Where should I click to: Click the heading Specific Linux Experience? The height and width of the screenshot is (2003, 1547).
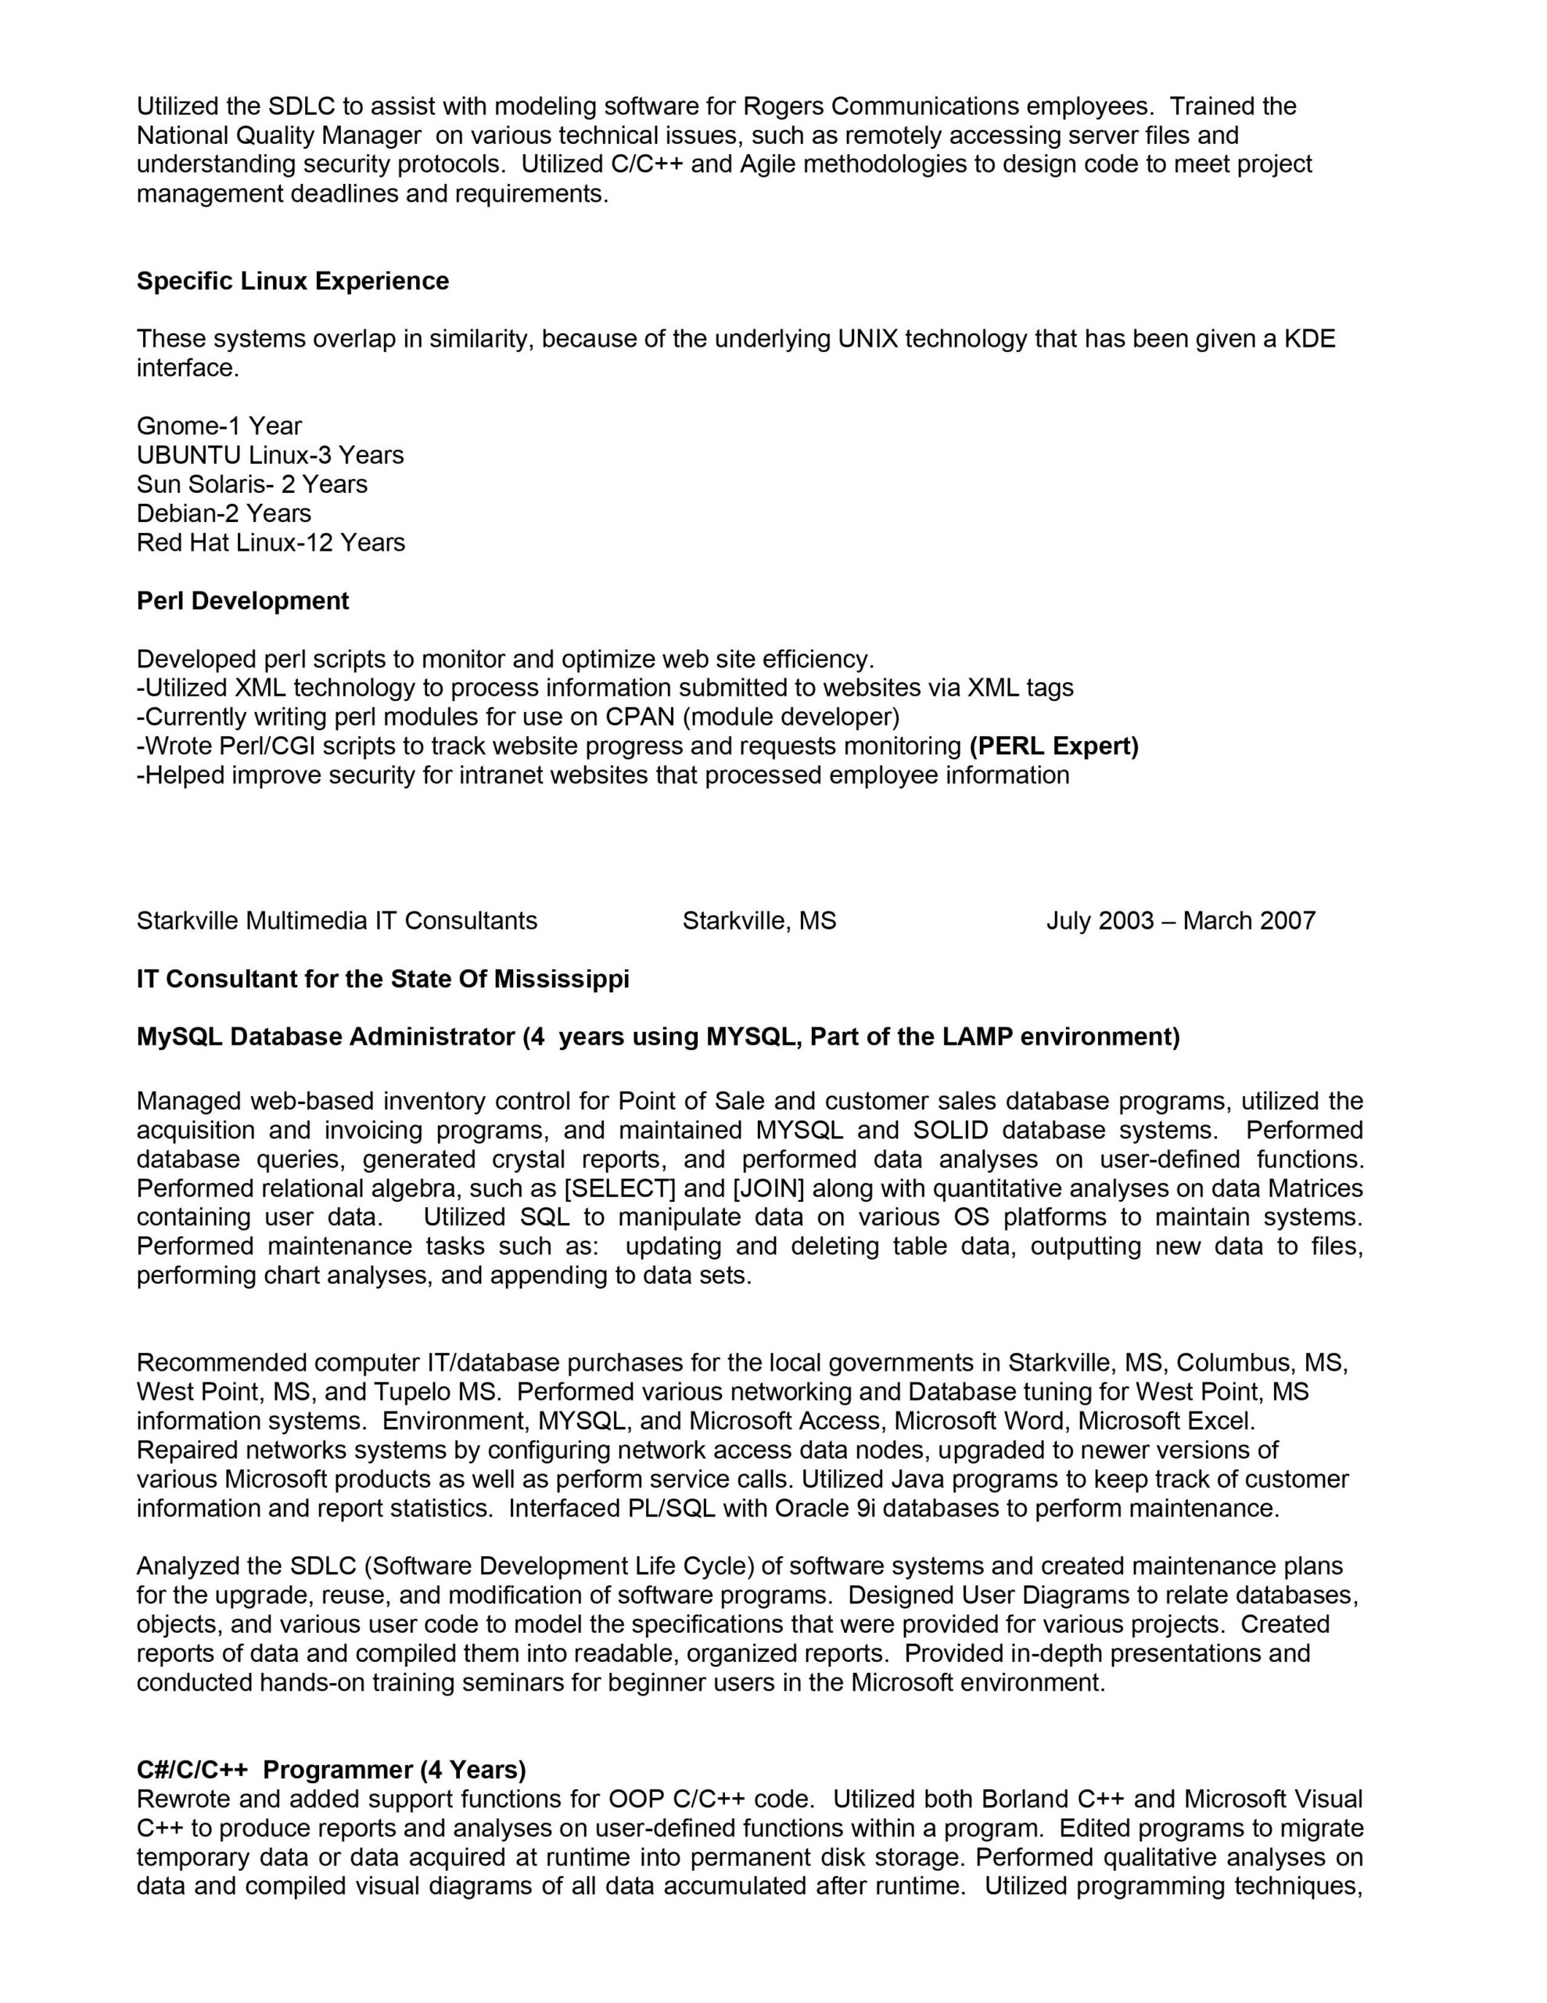[293, 281]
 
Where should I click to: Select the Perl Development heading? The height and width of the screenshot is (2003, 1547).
[242, 601]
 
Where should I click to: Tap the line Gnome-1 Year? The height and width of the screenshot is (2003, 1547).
[219, 426]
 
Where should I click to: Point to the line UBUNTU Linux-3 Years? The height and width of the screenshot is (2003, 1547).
[270, 455]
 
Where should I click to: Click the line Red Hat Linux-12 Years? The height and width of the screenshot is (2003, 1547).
[271, 542]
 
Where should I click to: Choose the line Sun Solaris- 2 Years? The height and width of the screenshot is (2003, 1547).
[251, 484]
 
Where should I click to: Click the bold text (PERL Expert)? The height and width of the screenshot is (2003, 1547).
[1053, 746]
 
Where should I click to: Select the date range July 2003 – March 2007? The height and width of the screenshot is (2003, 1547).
[1180, 921]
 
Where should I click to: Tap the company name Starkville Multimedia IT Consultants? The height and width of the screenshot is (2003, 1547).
[336, 921]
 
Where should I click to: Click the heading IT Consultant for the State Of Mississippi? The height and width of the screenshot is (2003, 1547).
[382, 980]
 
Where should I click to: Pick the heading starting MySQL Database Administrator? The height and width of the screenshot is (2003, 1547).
[658, 1037]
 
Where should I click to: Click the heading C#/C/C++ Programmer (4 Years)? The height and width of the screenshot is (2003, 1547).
[331, 1770]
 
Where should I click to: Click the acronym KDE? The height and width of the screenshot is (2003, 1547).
[1309, 340]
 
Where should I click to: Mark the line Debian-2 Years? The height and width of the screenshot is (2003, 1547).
[224, 513]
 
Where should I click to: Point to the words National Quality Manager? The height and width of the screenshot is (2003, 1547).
[278, 135]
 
